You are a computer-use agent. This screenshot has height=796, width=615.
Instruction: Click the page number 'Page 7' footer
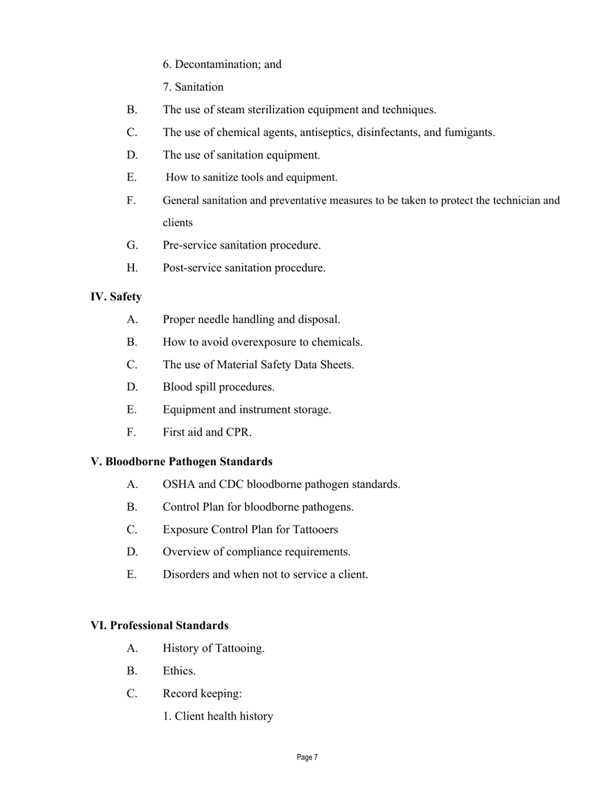(x=307, y=757)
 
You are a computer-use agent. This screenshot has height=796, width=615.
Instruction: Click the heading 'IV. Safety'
(x=116, y=296)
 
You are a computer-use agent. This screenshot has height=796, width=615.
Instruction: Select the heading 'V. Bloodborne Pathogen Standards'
(x=181, y=461)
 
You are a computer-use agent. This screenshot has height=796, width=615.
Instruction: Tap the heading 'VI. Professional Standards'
(x=159, y=625)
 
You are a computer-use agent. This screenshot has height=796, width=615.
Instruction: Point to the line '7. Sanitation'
(x=193, y=87)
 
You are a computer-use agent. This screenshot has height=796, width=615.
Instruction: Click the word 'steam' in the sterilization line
(x=232, y=109)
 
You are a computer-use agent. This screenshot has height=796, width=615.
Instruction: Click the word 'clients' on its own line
(x=177, y=223)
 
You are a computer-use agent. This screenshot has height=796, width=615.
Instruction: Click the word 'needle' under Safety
(x=216, y=320)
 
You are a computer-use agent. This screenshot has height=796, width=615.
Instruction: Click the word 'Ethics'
(x=179, y=671)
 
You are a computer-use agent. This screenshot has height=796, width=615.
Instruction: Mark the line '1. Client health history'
(x=218, y=716)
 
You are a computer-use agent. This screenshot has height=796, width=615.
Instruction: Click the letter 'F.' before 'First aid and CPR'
(x=131, y=432)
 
